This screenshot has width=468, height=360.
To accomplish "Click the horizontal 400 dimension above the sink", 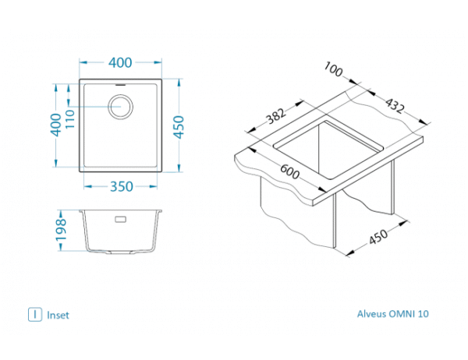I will click(x=119, y=62).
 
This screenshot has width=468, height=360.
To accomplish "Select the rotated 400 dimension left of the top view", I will click(x=55, y=123).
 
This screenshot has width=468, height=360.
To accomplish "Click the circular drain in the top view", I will click(x=121, y=106).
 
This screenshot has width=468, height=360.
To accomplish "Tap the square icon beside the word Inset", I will click(x=34, y=315).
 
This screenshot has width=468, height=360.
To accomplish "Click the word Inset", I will click(x=58, y=316).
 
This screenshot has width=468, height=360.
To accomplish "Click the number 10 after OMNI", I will click(x=423, y=315).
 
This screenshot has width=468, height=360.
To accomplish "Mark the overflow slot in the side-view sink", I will click(x=121, y=219).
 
